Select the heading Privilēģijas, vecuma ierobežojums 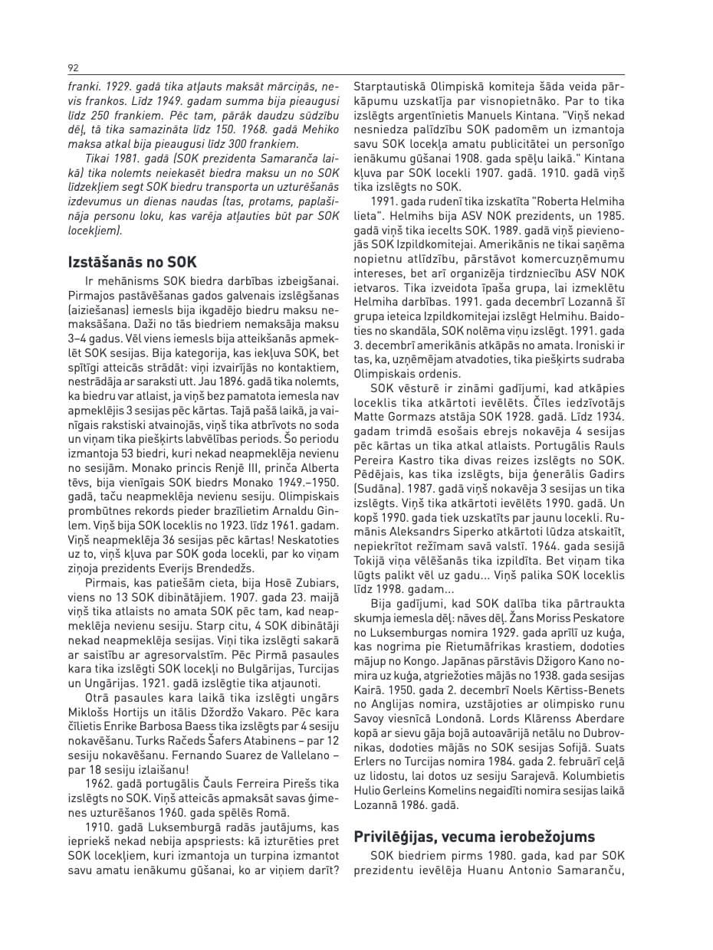pos(474,836)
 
